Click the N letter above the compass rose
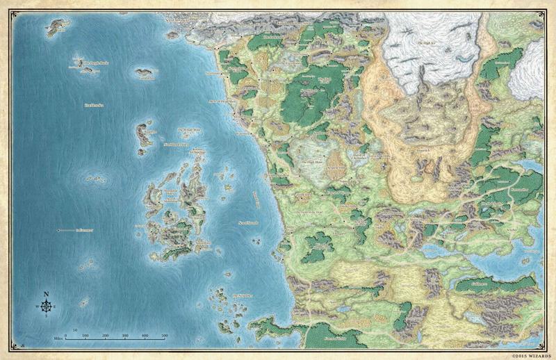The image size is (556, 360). click(x=47, y=294)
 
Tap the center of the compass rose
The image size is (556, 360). click(x=47, y=306)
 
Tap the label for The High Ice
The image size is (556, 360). click(x=425, y=44)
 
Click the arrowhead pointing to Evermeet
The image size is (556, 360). click(x=58, y=229)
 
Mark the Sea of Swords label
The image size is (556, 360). click(x=248, y=222)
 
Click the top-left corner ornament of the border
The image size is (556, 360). click(x=6, y=6)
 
